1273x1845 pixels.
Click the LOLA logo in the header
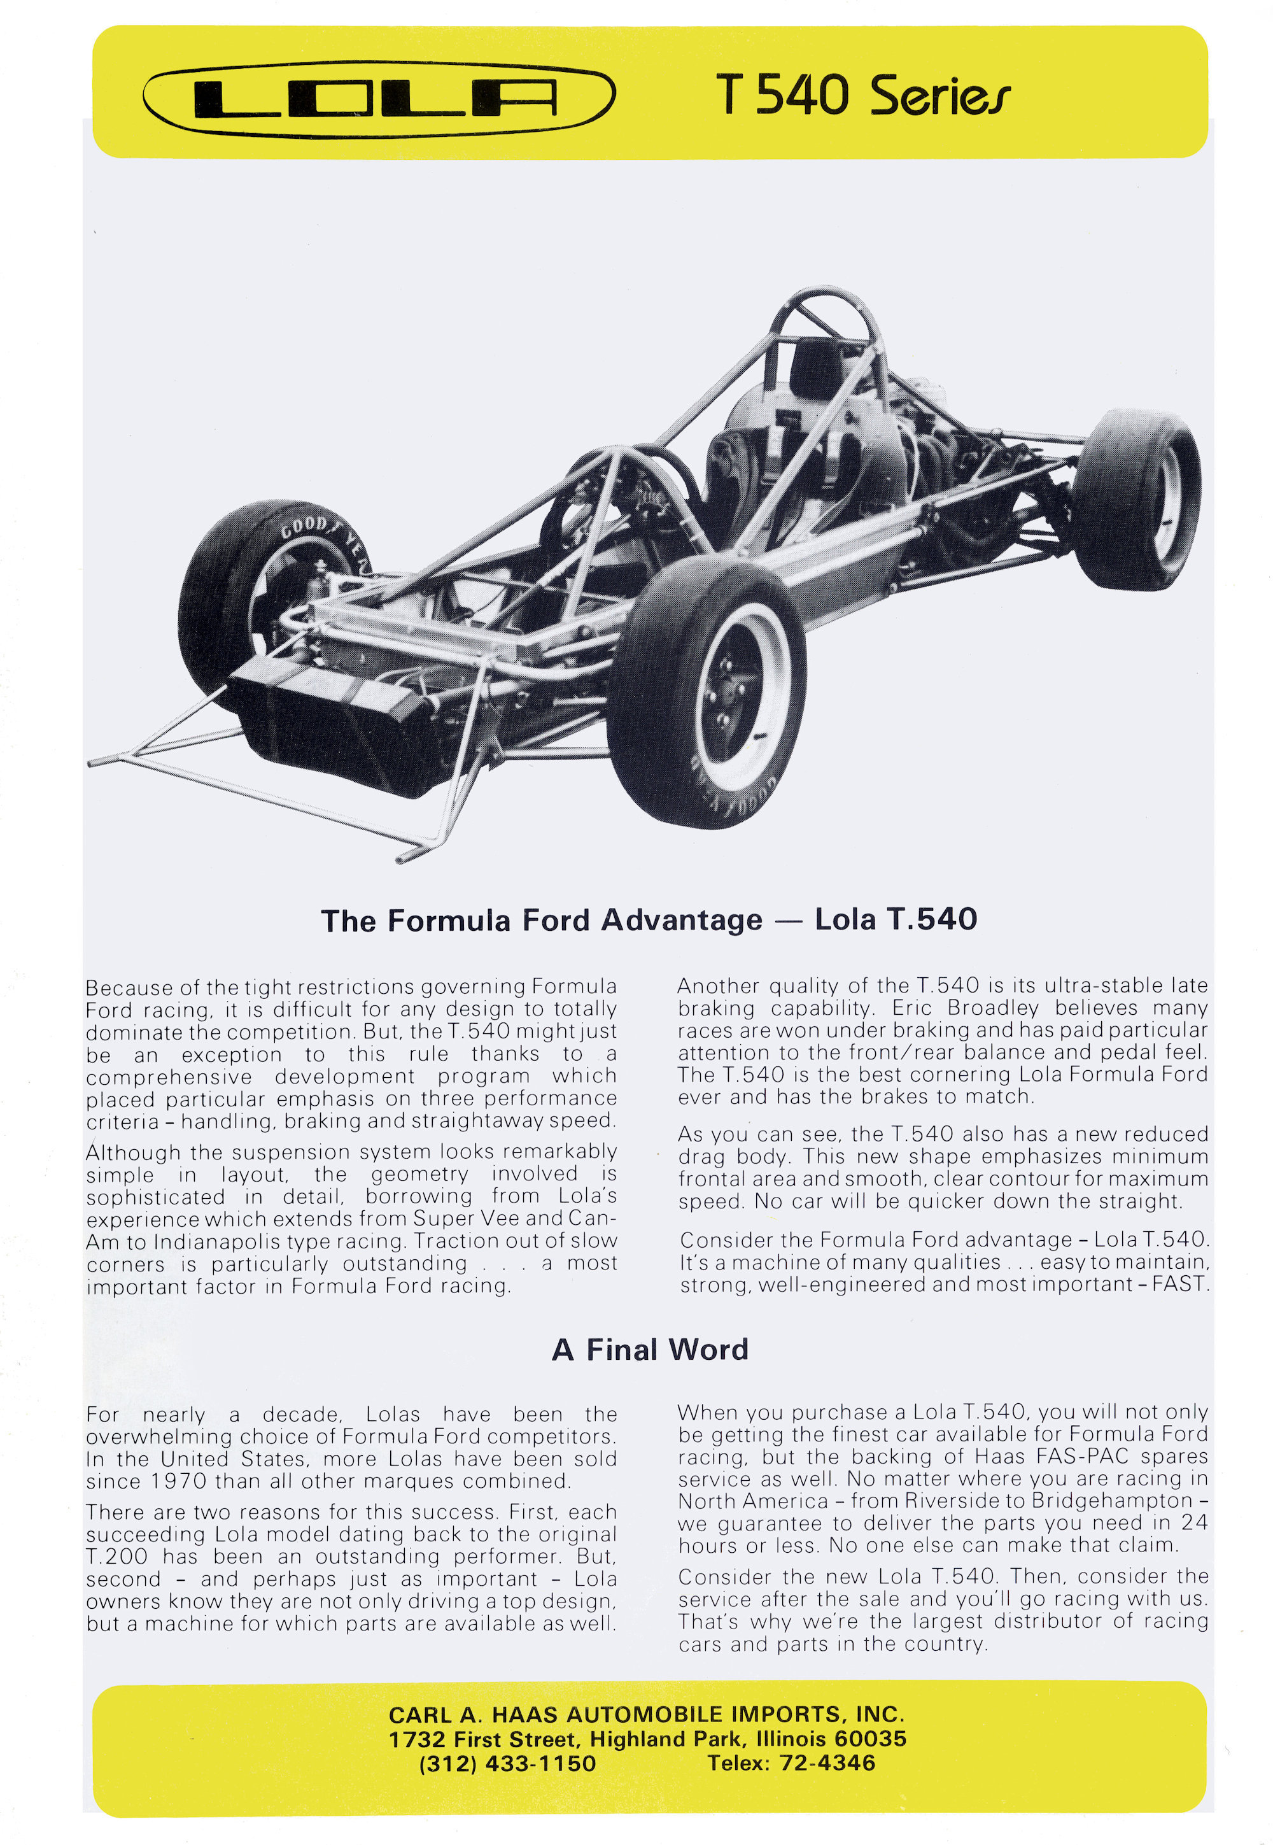[x=379, y=98]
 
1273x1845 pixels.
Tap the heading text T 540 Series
[x=862, y=95]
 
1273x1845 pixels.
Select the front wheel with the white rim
[x=708, y=691]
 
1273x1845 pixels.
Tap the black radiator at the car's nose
[x=335, y=718]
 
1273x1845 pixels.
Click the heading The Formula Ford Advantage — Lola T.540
[x=649, y=920]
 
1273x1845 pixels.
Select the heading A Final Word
[x=650, y=1350]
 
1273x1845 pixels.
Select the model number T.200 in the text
[x=116, y=1555]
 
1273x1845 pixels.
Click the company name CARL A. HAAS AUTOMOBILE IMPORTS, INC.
[x=646, y=1714]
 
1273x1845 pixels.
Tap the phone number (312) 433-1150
[x=507, y=1764]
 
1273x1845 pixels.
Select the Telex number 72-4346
[x=827, y=1763]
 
